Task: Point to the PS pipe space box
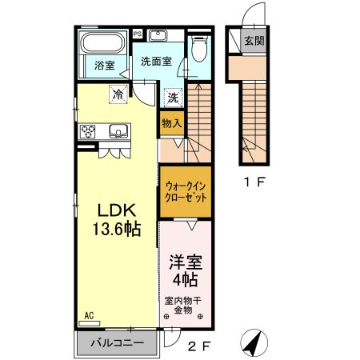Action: tap(138, 33)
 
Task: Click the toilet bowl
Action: tap(199, 50)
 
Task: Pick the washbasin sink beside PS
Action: tap(157, 35)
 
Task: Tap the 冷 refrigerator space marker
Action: tap(118, 94)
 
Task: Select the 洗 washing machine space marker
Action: tap(173, 97)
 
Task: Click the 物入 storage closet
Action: tap(172, 122)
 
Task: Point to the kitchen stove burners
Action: tap(87, 131)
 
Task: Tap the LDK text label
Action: tap(118, 210)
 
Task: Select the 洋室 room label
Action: tap(185, 262)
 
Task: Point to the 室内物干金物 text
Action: tap(185, 306)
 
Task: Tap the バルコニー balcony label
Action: tap(117, 342)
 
